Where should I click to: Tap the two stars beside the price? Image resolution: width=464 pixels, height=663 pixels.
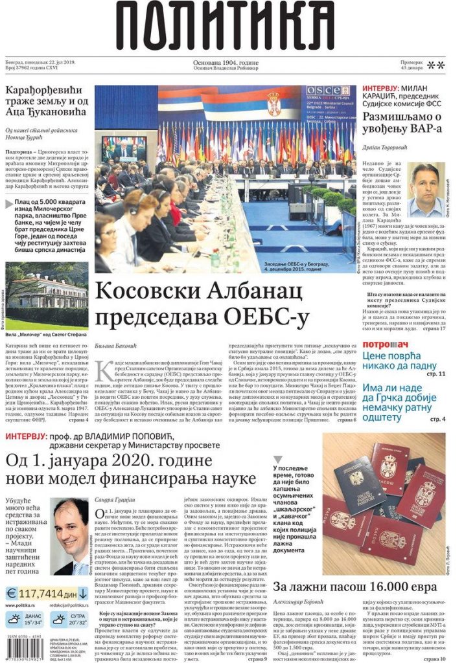[435, 65]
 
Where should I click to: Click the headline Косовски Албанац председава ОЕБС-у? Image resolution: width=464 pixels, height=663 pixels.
[201, 304]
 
